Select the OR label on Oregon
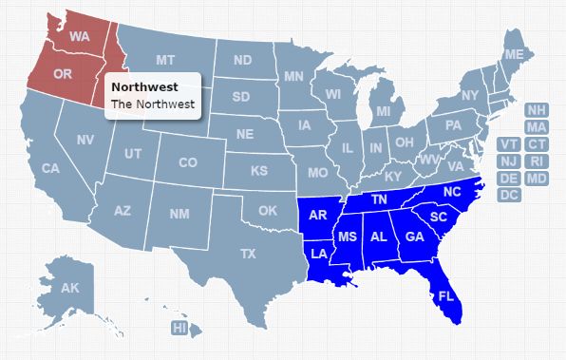[x=63, y=73]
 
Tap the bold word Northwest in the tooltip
[x=138, y=86]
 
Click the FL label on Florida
[x=444, y=296]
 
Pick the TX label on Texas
[x=248, y=254]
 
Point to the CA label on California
[x=50, y=168]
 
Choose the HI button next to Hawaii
[x=179, y=328]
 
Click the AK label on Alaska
[x=69, y=288]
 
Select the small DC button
[x=509, y=195]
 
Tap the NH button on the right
[x=537, y=110]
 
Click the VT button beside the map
[x=509, y=144]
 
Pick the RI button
[x=537, y=161]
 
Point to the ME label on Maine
[x=514, y=55]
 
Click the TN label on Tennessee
[x=379, y=199]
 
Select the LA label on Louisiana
[x=318, y=254]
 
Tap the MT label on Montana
[x=165, y=60]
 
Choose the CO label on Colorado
[x=187, y=162]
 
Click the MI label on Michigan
[x=383, y=111]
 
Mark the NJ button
[x=509, y=161]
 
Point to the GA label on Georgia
[x=413, y=237]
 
